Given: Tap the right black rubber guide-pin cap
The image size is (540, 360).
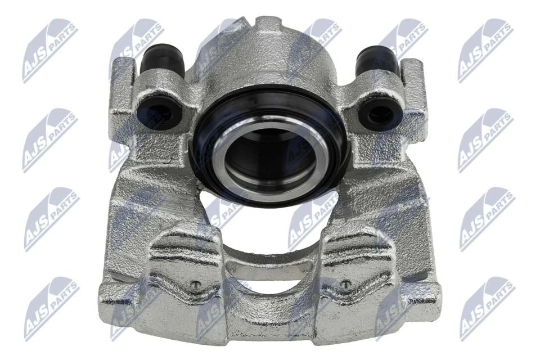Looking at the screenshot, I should pos(377,61).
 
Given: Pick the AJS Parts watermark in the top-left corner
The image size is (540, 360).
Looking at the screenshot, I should pos(50,50).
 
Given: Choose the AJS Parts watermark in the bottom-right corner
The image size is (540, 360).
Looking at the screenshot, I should pos(487,308).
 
